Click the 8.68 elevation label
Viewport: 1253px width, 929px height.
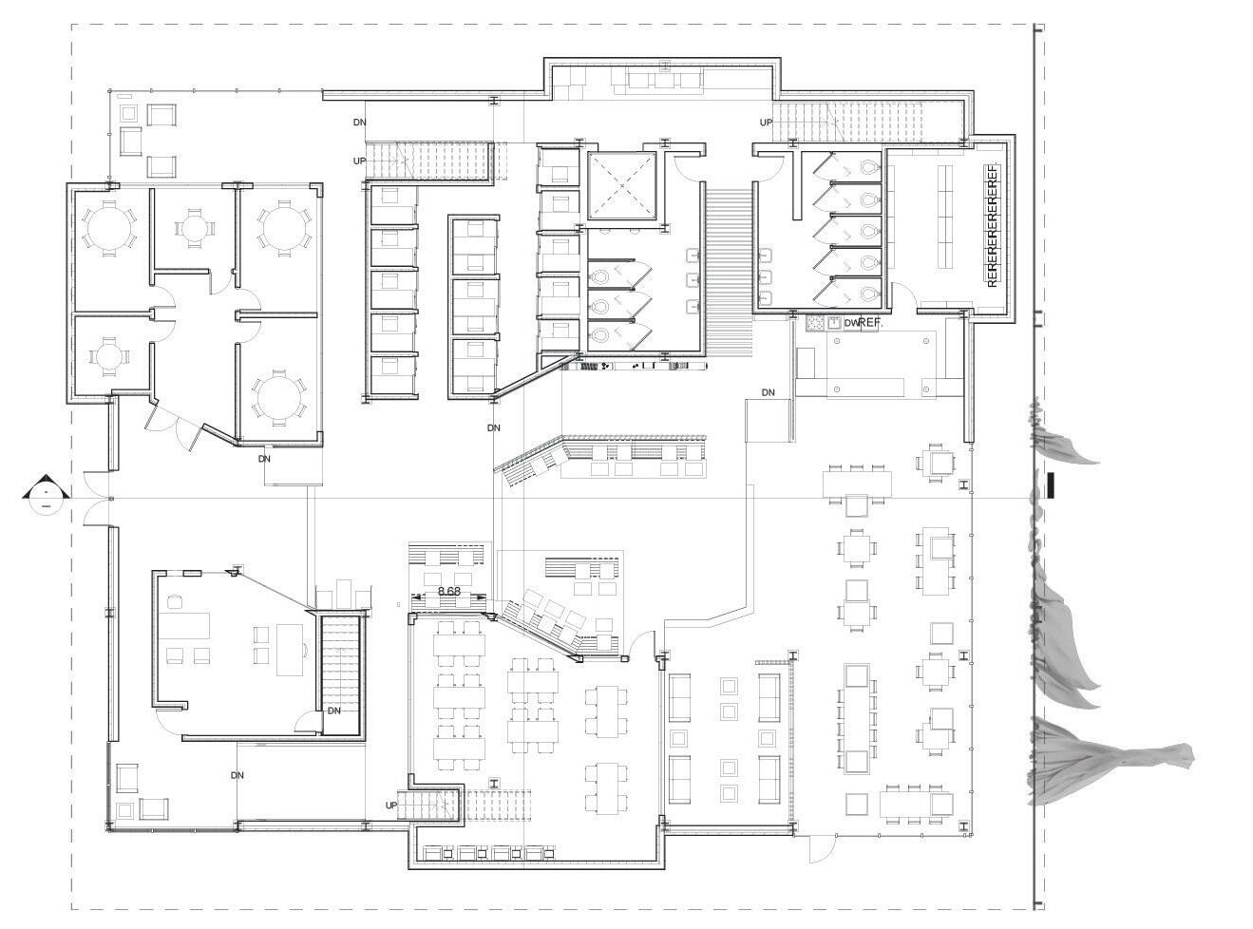[448, 592]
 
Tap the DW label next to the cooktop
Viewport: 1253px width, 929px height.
[850, 323]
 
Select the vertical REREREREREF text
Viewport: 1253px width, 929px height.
[993, 225]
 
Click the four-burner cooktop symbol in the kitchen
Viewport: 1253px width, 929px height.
[815, 323]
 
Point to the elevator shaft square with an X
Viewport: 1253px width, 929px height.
[622, 185]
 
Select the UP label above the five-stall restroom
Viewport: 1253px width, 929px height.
[767, 123]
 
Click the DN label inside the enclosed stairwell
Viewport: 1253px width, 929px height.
[334, 711]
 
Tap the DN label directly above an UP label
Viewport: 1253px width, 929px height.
[359, 123]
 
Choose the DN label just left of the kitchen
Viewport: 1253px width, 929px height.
[768, 392]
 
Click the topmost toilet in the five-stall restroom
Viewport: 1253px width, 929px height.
[869, 167]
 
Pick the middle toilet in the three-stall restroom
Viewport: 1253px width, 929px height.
[599, 306]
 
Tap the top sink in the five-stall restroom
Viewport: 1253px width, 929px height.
[765, 254]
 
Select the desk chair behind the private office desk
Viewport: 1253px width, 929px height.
[174, 601]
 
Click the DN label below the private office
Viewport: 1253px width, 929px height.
[237, 775]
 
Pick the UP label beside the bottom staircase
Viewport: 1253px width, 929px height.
[391, 806]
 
